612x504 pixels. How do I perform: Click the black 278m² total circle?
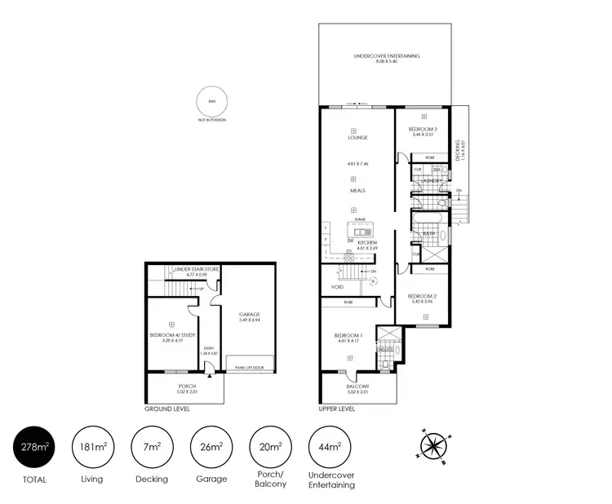point(34,446)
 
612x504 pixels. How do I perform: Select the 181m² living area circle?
point(92,446)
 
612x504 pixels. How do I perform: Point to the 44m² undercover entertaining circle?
point(330,446)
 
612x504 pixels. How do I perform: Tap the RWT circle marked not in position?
point(212,104)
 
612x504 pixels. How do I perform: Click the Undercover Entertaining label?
point(387,55)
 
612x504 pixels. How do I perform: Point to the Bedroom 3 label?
point(423,130)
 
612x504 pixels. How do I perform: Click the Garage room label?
point(249,314)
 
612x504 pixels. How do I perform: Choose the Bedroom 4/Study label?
point(172,334)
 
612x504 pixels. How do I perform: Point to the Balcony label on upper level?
point(357,387)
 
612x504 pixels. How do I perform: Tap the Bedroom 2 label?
point(423,295)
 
